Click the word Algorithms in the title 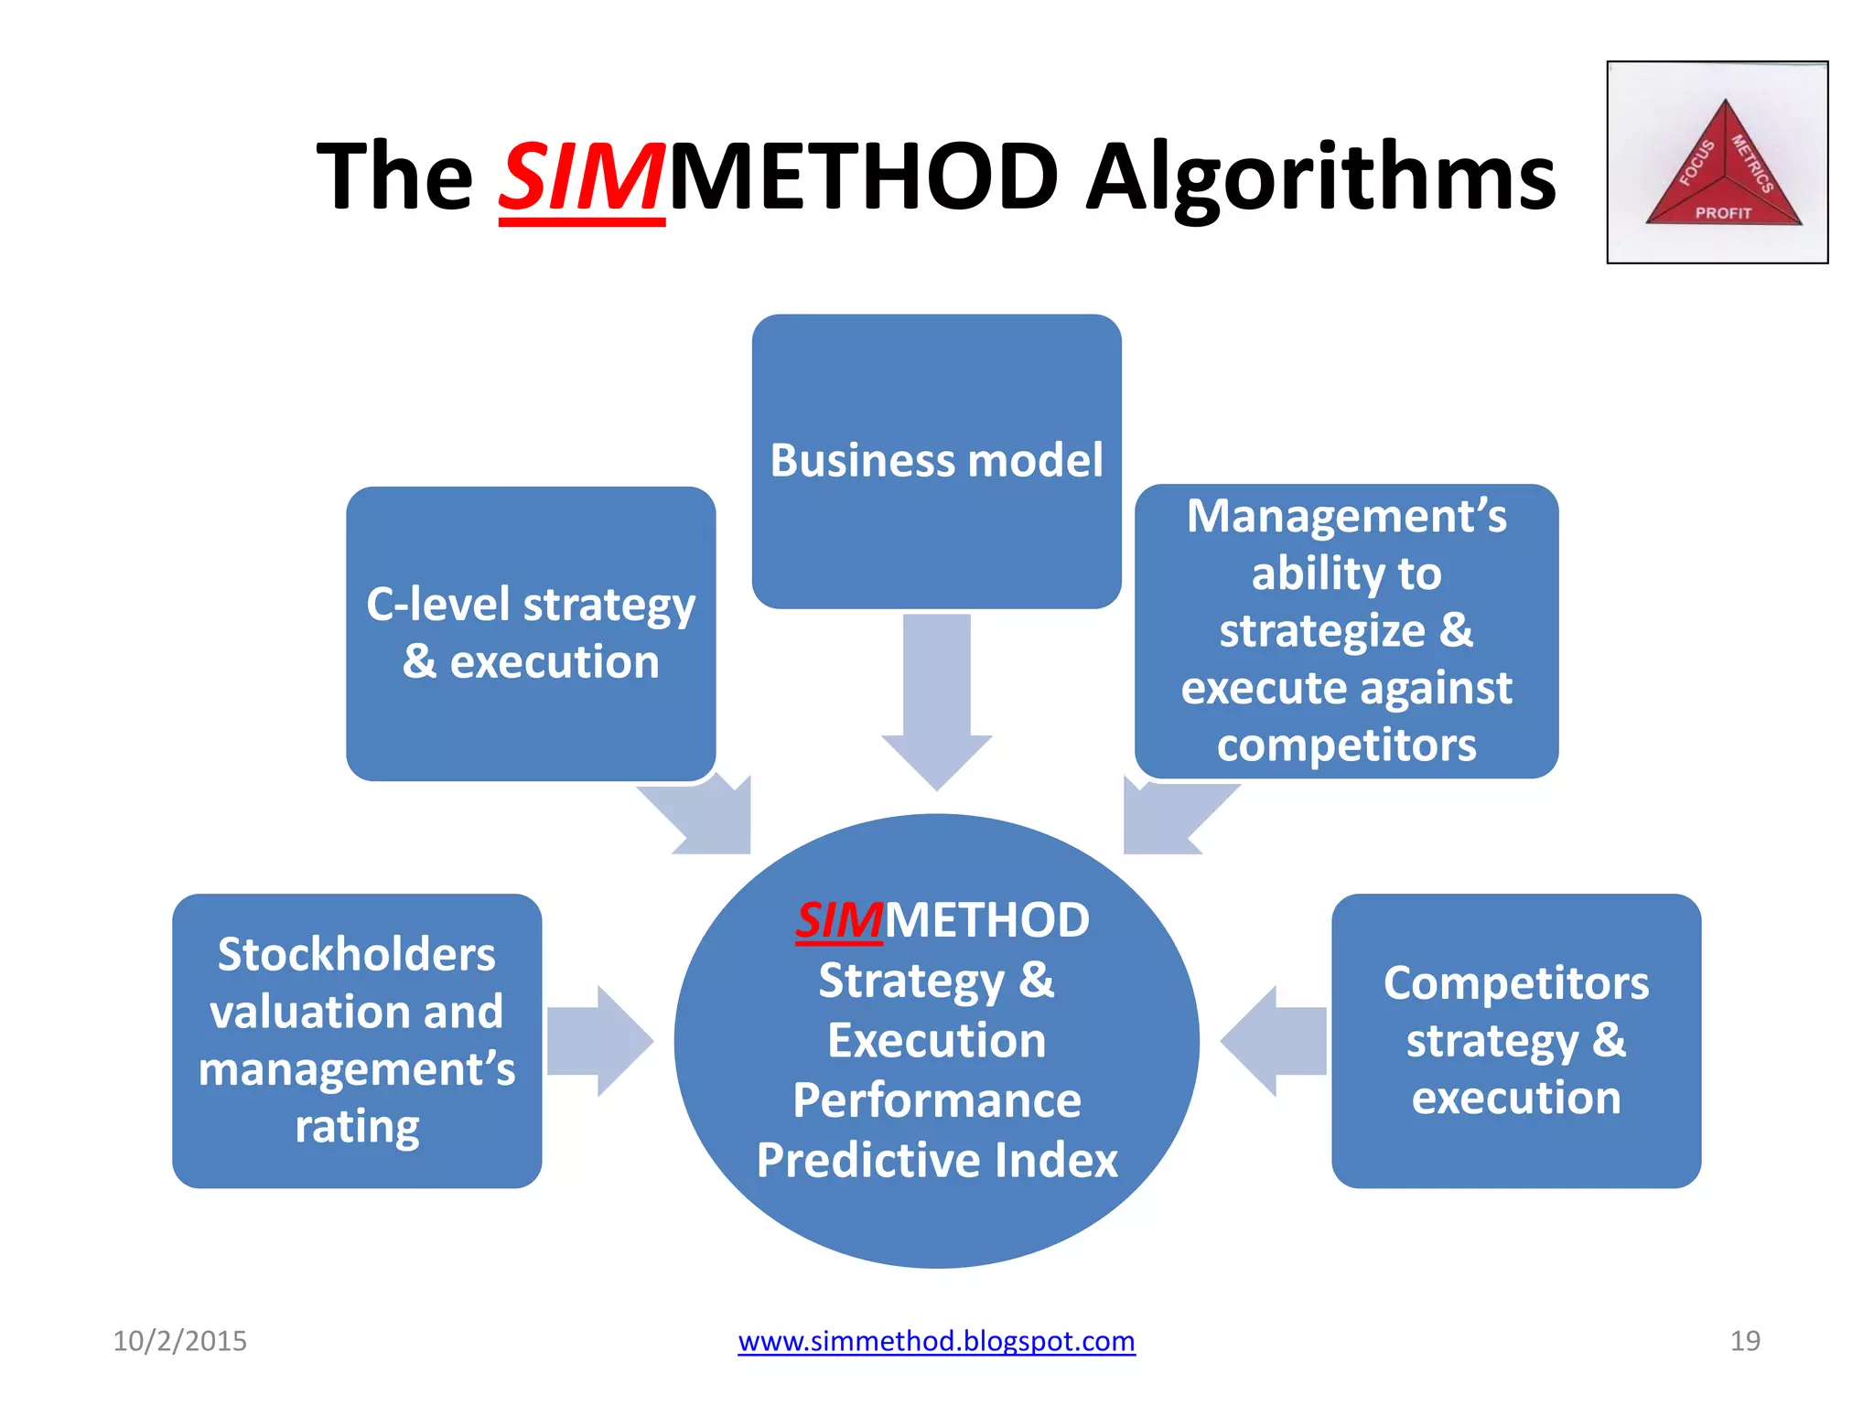click(x=1320, y=178)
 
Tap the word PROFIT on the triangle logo click(x=1723, y=213)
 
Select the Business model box click(x=936, y=461)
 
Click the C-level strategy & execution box click(x=531, y=633)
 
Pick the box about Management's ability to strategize click(x=1346, y=630)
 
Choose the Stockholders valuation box click(x=357, y=1040)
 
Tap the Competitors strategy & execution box click(x=1515, y=1040)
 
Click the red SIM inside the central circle click(x=839, y=920)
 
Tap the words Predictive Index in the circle click(x=937, y=1160)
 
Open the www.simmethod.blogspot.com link click(x=936, y=1341)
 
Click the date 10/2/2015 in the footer click(x=179, y=1341)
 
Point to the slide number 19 click(x=1744, y=1341)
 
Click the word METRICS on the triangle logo click(x=1752, y=165)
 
